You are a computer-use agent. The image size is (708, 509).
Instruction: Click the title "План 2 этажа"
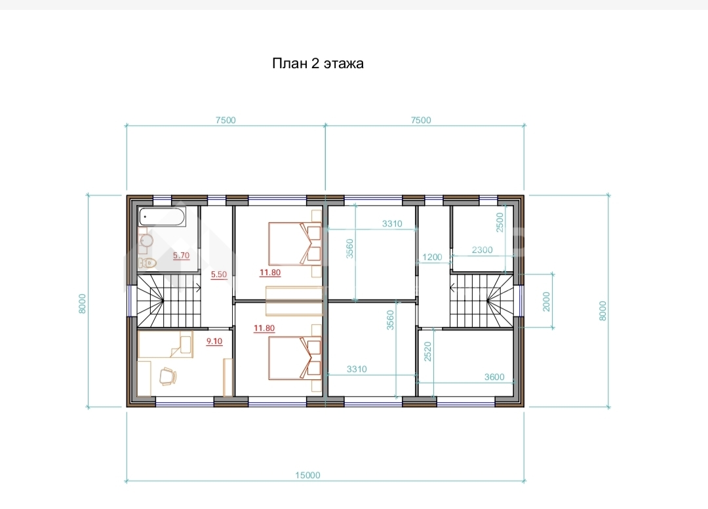[317, 63]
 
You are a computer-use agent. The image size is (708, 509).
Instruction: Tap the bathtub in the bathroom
[162, 217]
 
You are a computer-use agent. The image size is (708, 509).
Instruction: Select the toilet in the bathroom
[147, 263]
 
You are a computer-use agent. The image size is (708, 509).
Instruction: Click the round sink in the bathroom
[146, 240]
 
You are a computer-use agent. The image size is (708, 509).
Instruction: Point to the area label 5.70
[181, 256]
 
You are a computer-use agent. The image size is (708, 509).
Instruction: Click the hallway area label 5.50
[219, 274]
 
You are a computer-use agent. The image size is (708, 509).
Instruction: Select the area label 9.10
[214, 341]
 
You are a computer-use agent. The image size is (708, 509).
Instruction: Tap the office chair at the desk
[168, 376]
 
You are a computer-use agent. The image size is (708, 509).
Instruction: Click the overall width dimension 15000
[308, 475]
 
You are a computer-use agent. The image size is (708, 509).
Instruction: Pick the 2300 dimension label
[482, 250]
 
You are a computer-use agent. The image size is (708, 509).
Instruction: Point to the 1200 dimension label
[432, 257]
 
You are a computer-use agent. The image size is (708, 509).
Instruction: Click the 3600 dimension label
[494, 377]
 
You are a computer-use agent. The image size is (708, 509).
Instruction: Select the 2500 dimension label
[500, 223]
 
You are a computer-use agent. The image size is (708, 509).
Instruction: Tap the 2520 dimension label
[428, 352]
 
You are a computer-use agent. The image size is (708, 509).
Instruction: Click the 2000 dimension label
[546, 301]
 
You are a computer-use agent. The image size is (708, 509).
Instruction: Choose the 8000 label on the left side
[82, 304]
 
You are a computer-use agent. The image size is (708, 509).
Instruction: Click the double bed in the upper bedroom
[295, 243]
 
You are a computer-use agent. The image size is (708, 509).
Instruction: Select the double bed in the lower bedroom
[295, 358]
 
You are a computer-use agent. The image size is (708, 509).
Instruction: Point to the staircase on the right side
[482, 300]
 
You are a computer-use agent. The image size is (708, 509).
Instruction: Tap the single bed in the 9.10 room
[166, 345]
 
